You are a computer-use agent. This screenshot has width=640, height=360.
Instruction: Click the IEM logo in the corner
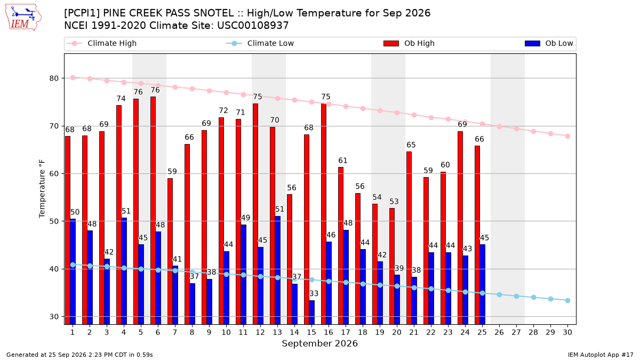click(23, 17)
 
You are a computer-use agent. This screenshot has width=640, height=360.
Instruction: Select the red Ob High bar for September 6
click(153, 211)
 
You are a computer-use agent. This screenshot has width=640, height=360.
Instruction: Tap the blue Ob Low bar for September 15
click(311, 313)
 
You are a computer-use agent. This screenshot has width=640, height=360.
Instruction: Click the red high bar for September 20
click(392, 266)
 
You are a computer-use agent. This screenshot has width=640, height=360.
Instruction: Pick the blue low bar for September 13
click(278, 270)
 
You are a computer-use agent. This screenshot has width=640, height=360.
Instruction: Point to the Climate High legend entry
click(101, 43)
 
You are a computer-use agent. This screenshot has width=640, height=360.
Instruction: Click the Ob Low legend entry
click(549, 43)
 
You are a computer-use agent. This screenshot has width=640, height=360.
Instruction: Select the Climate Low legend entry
click(260, 43)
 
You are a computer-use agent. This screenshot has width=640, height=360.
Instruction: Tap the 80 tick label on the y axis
click(54, 78)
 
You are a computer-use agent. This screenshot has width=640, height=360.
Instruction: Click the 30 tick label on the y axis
click(54, 317)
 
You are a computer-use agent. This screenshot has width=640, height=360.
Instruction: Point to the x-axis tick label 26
click(499, 332)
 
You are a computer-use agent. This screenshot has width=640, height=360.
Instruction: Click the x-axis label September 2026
click(319, 343)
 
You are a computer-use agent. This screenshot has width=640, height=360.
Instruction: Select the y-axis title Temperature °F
click(42, 189)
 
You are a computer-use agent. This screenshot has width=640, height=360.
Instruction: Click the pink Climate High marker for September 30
click(567, 137)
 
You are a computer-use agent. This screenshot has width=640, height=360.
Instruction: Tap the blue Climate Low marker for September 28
click(533, 298)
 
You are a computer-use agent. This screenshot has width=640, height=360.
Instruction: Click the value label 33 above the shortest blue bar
click(314, 294)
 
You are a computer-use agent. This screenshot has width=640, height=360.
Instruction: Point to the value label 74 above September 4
click(121, 99)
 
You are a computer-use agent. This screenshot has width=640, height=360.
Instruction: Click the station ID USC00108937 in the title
click(253, 26)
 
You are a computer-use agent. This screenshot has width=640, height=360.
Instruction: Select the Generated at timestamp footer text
click(79, 355)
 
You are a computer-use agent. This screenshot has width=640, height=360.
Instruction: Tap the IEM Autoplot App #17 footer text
click(601, 355)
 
